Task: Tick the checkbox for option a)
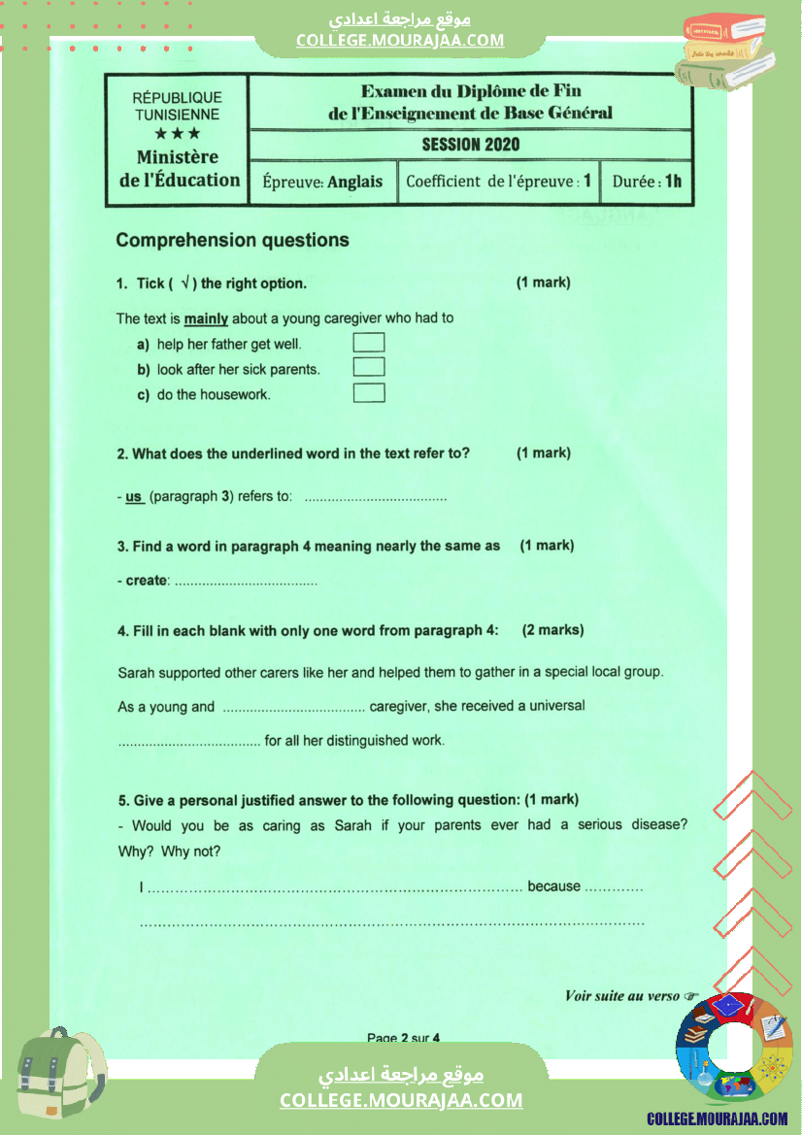[369, 343]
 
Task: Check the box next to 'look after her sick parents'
[369, 368]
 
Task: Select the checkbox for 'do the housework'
[369, 393]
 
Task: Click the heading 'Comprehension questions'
[232, 240]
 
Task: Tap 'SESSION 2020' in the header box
[471, 145]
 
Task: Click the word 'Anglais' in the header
[355, 182]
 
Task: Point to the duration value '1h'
[673, 182]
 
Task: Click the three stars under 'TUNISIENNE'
[178, 133]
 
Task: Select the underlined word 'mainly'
[206, 318]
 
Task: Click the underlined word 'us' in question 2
[134, 497]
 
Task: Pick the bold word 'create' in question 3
[147, 581]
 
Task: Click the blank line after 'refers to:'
[376, 498]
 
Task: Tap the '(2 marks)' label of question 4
[552, 630]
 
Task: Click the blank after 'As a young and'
[293, 708]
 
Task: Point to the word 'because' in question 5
[553, 886]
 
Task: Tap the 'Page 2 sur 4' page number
[403, 1037]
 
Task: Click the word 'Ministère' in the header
[178, 157]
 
